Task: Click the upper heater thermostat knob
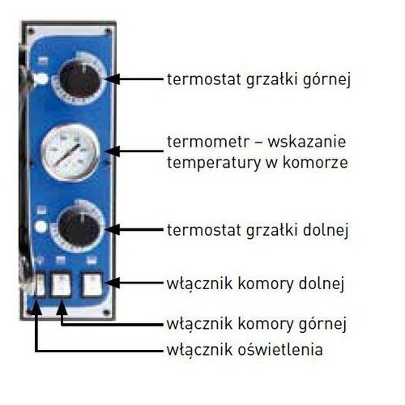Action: pos(80,79)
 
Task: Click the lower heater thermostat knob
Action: pos(79,228)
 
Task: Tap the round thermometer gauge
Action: pos(70,152)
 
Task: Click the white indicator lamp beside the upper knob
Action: pos(41,79)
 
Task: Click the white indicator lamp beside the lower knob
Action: pos(40,226)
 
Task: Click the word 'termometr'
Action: pos(207,142)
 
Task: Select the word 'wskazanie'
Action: pos(307,142)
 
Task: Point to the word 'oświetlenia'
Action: pos(280,350)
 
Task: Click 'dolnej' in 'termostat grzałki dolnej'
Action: pos(326,230)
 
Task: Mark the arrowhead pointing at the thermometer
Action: pos(113,151)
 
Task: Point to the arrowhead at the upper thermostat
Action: pos(113,79)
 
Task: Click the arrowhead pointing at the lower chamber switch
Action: pos(113,283)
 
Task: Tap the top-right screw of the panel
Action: pos(108,31)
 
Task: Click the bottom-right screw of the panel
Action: pos(107,313)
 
